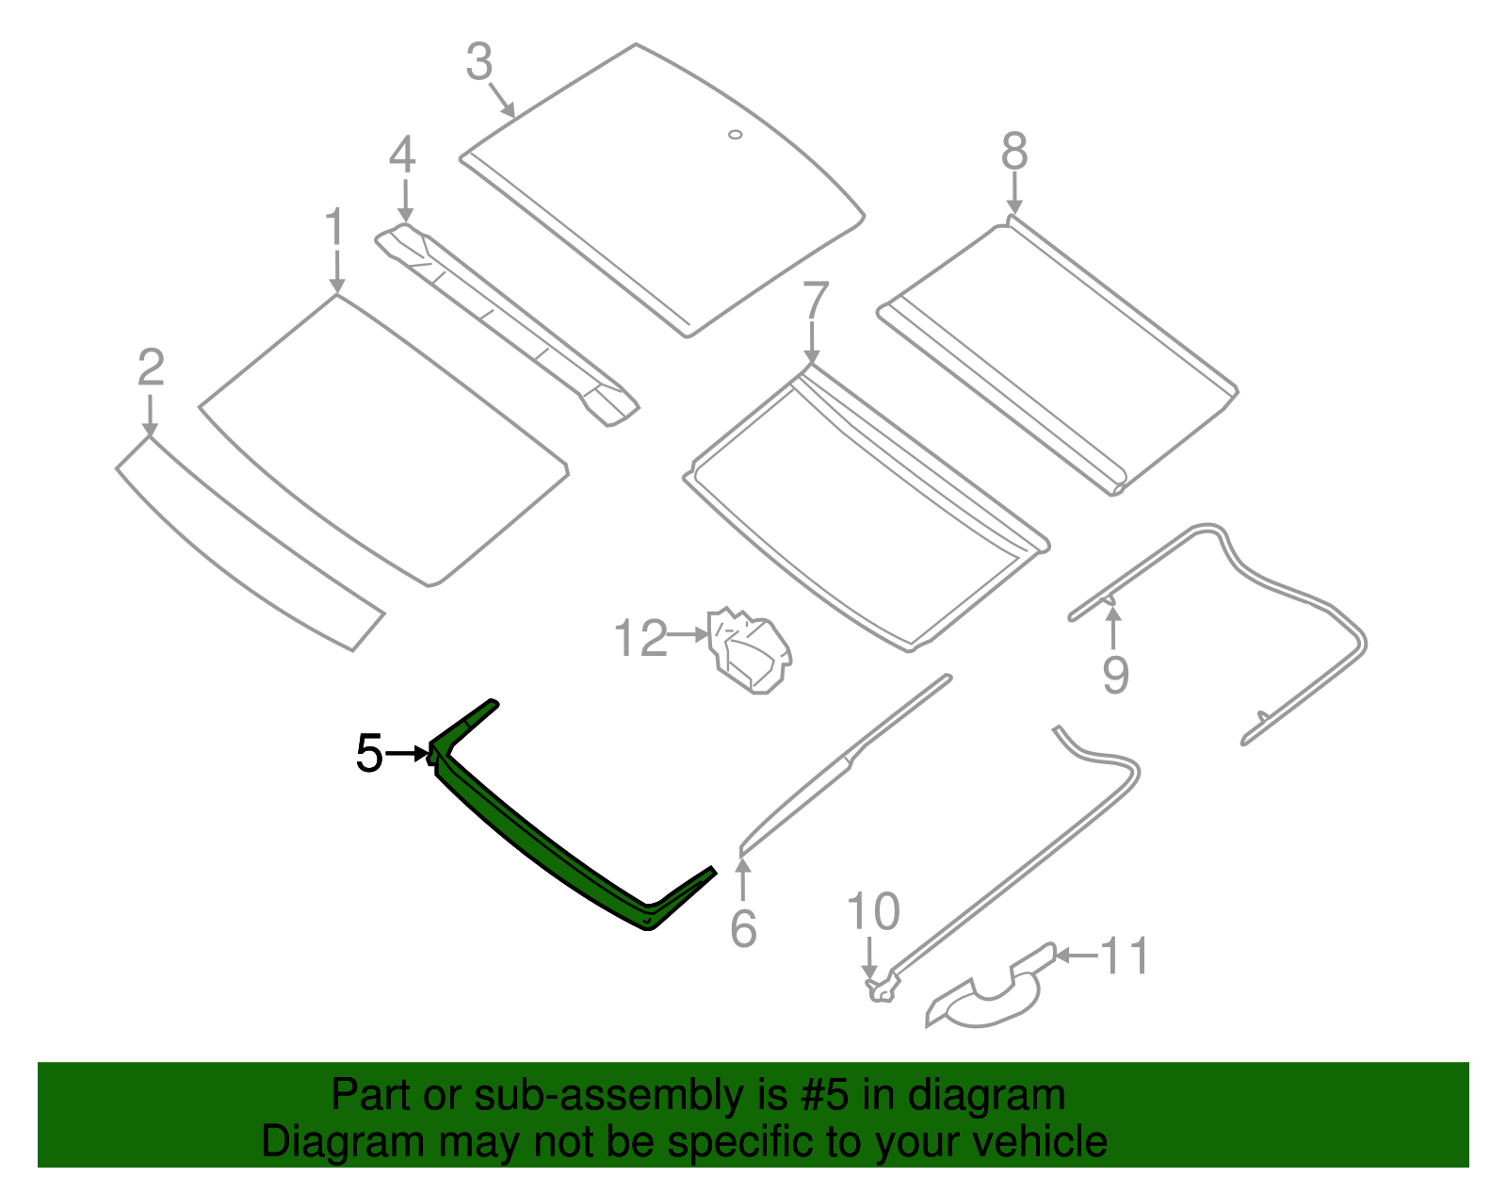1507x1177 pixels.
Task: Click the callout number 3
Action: click(x=479, y=63)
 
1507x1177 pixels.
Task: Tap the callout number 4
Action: click(x=402, y=155)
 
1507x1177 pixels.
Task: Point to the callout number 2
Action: click(x=151, y=368)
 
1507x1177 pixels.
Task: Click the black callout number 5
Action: click(x=369, y=754)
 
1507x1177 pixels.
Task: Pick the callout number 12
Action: click(x=640, y=639)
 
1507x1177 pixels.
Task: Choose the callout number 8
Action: click(x=1014, y=152)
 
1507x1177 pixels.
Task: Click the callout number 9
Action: click(x=1115, y=675)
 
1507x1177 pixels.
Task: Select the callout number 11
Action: click(x=1125, y=956)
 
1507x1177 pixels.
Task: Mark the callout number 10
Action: click(x=873, y=911)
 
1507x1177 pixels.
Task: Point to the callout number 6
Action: click(x=743, y=929)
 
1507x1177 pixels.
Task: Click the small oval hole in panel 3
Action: click(x=736, y=135)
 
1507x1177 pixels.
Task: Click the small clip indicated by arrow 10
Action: click(x=882, y=989)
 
